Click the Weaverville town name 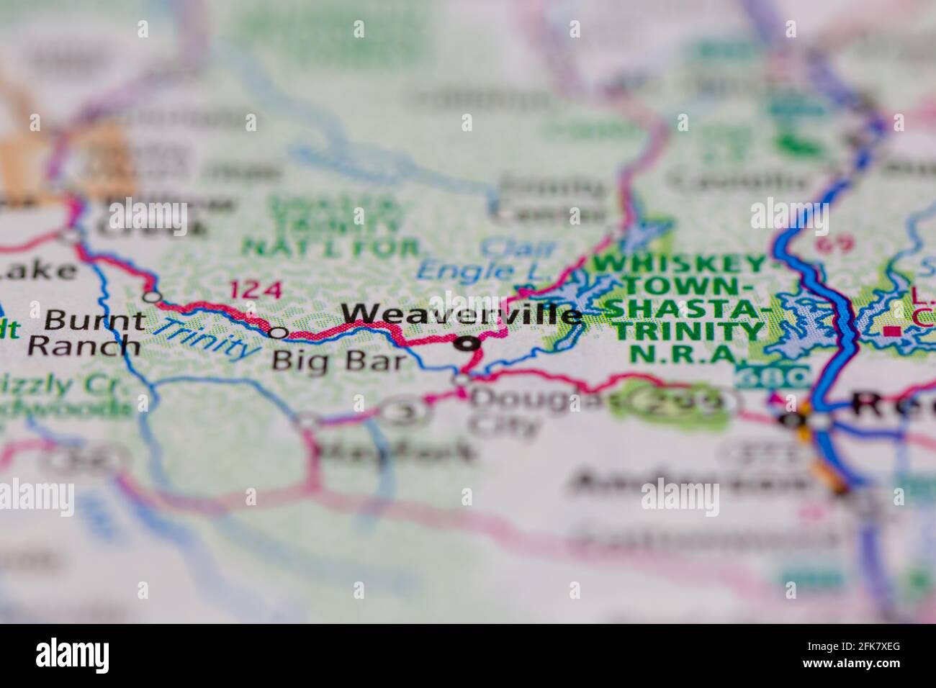[x=461, y=314]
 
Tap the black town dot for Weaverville [x=468, y=345]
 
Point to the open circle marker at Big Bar [x=279, y=332]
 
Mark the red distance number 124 [x=255, y=290]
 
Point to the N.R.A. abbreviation [x=683, y=354]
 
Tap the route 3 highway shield [x=405, y=412]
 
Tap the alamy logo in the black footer [x=72, y=656]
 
